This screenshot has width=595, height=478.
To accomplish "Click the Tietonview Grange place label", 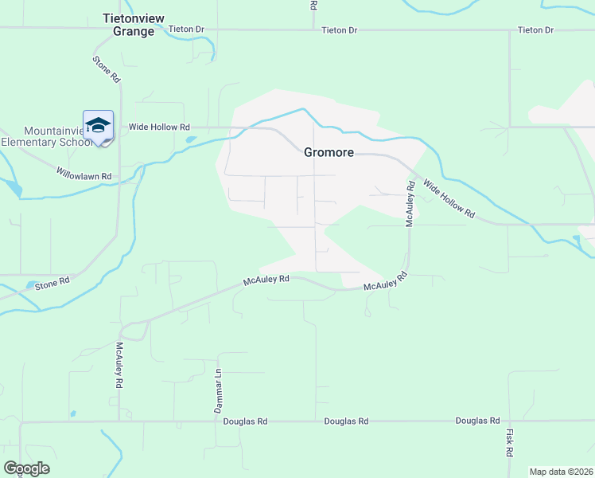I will click(128, 24).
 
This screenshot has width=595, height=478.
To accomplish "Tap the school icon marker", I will click(98, 126).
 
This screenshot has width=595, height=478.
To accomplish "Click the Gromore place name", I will click(329, 152).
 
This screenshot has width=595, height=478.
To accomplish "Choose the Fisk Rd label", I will click(509, 442).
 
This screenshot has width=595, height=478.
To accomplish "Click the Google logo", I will click(26, 468).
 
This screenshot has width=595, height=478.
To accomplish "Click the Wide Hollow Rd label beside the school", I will click(159, 127).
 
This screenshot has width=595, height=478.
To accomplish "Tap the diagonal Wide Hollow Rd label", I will click(449, 199).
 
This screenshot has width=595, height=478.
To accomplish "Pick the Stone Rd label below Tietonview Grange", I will click(105, 69).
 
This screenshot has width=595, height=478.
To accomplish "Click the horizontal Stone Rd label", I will click(52, 281).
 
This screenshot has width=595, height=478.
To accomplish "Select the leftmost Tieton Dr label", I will click(187, 29).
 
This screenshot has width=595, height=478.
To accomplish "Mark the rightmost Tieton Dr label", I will click(535, 29).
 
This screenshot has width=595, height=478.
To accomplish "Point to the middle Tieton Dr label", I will click(340, 29).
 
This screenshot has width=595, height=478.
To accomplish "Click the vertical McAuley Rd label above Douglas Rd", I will click(119, 365).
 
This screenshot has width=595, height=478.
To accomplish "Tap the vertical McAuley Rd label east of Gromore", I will click(410, 204).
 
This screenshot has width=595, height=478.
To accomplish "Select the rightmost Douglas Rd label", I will click(477, 421).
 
